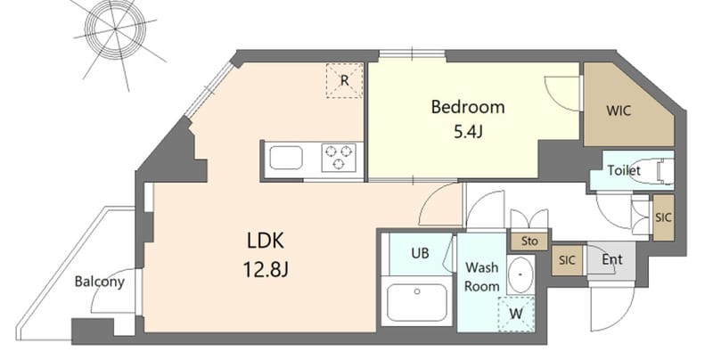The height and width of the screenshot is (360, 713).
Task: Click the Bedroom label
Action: [x=467, y=108]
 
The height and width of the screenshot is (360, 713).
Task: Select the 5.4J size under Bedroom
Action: [x=467, y=133]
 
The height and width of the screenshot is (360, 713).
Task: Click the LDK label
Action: [x=266, y=241]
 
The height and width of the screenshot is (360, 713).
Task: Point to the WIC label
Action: [x=619, y=112]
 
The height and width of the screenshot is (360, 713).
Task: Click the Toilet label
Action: [x=624, y=170]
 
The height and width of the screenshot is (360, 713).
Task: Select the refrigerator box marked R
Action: [x=343, y=79]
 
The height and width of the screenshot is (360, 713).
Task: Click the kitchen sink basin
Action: [x=287, y=160]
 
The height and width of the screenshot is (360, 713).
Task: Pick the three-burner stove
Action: [x=338, y=159]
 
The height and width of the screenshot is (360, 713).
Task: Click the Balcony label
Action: [x=99, y=282]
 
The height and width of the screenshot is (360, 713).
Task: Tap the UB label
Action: [x=420, y=253]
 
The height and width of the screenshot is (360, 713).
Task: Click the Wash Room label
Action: [x=481, y=276]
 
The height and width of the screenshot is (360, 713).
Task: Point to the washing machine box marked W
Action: [x=514, y=314]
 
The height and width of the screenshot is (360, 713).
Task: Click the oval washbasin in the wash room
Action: [x=520, y=274]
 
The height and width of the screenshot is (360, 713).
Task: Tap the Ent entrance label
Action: [x=611, y=260]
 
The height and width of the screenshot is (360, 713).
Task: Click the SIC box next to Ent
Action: [x=567, y=260]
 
